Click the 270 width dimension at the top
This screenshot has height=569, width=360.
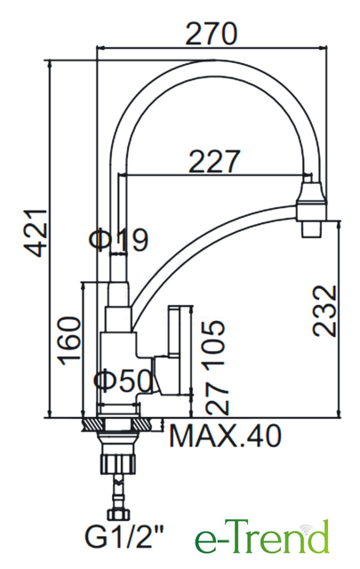211,34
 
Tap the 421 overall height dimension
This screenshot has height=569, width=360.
35,233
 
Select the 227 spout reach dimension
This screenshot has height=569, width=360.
214,162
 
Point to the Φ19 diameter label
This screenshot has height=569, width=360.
119,240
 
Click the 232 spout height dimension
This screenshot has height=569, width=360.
325,311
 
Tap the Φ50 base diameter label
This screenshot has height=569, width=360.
123,381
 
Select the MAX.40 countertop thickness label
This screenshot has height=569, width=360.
226,436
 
